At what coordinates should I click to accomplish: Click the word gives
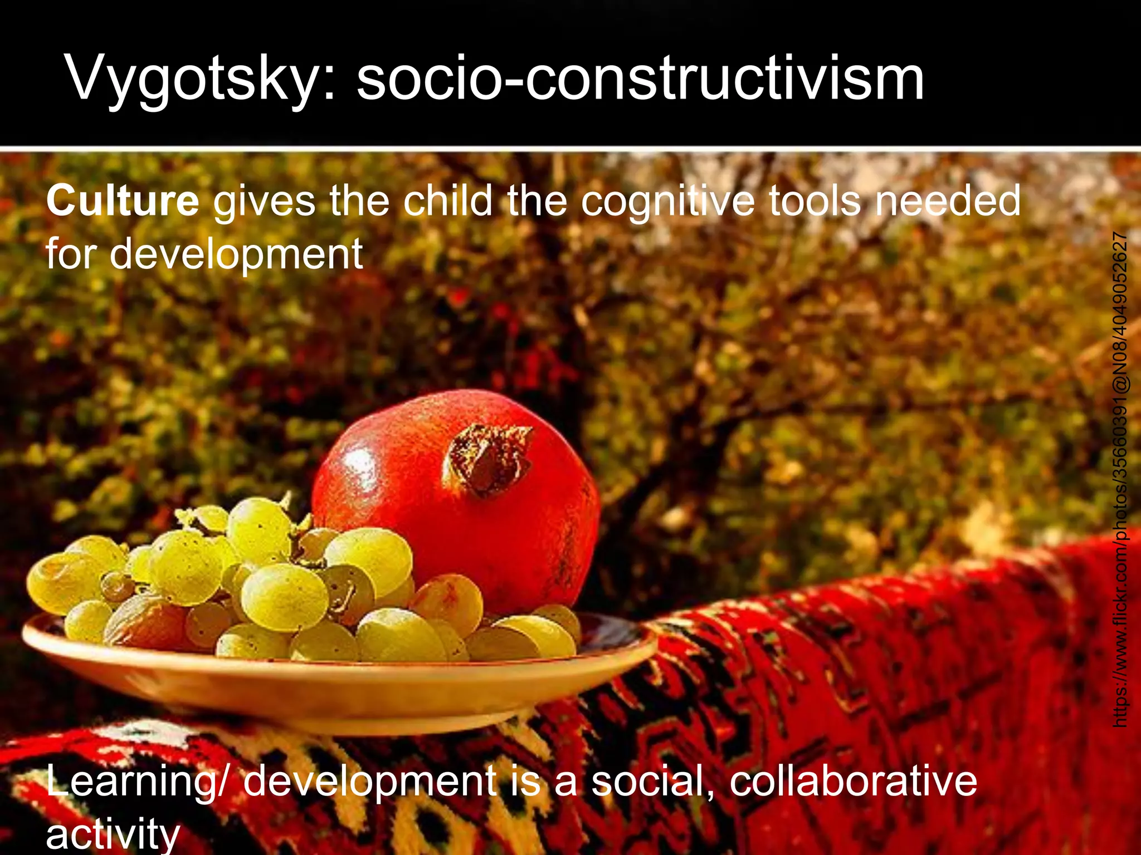[264, 202]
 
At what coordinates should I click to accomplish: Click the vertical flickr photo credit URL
[1120, 479]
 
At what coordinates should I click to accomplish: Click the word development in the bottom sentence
[370, 782]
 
